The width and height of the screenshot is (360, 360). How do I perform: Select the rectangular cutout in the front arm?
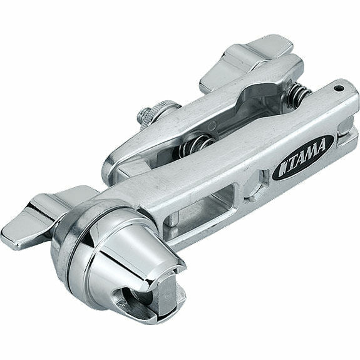pyautogui.click(x=207, y=200)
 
